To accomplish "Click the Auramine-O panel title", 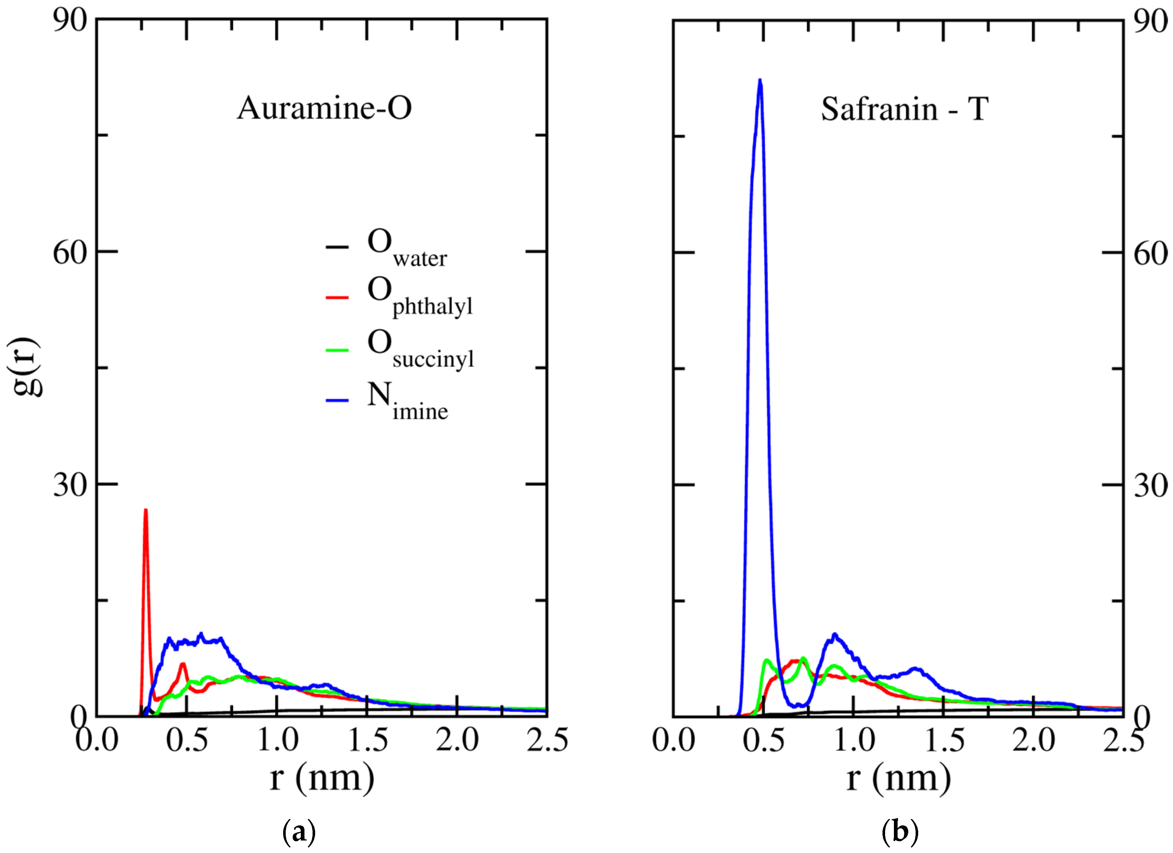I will (x=324, y=108).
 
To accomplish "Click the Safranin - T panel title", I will (x=905, y=109).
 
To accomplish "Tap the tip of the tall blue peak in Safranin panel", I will (x=760, y=80).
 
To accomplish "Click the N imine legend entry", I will (x=407, y=401).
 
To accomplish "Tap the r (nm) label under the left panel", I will (x=322, y=778).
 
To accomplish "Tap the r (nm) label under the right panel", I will (x=898, y=778).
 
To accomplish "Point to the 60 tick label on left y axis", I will (x=70, y=253).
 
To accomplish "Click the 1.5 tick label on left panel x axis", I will (x=368, y=740).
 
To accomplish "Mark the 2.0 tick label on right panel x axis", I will (x=1033, y=740).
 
